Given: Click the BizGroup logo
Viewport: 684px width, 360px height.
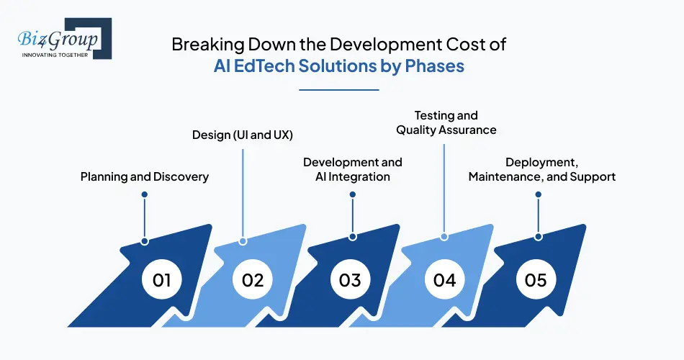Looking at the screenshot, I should [x=60, y=40].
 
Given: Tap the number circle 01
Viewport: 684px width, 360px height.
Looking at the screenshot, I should [x=162, y=279].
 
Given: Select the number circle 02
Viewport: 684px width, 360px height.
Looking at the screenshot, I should [x=253, y=279].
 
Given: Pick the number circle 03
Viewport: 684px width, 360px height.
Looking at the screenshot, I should [x=350, y=279].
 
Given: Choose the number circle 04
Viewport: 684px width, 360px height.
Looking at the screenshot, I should [x=444, y=279].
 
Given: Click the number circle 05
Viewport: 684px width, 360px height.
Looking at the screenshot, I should [x=536, y=279].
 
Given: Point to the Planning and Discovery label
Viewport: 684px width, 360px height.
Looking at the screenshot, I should [x=144, y=176].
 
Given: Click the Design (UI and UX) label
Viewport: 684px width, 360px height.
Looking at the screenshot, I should [x=242, y=135].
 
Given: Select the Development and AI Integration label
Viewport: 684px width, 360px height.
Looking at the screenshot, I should [x=353, y=169].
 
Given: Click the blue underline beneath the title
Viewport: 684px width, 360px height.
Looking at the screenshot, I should [x=338, y=90].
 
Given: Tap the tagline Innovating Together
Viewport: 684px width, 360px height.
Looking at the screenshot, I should [x=55, y=55].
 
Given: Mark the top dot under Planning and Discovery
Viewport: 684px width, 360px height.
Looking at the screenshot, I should [x=145, y=194].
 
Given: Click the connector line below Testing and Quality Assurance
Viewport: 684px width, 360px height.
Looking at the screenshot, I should [x=444, y=187].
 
